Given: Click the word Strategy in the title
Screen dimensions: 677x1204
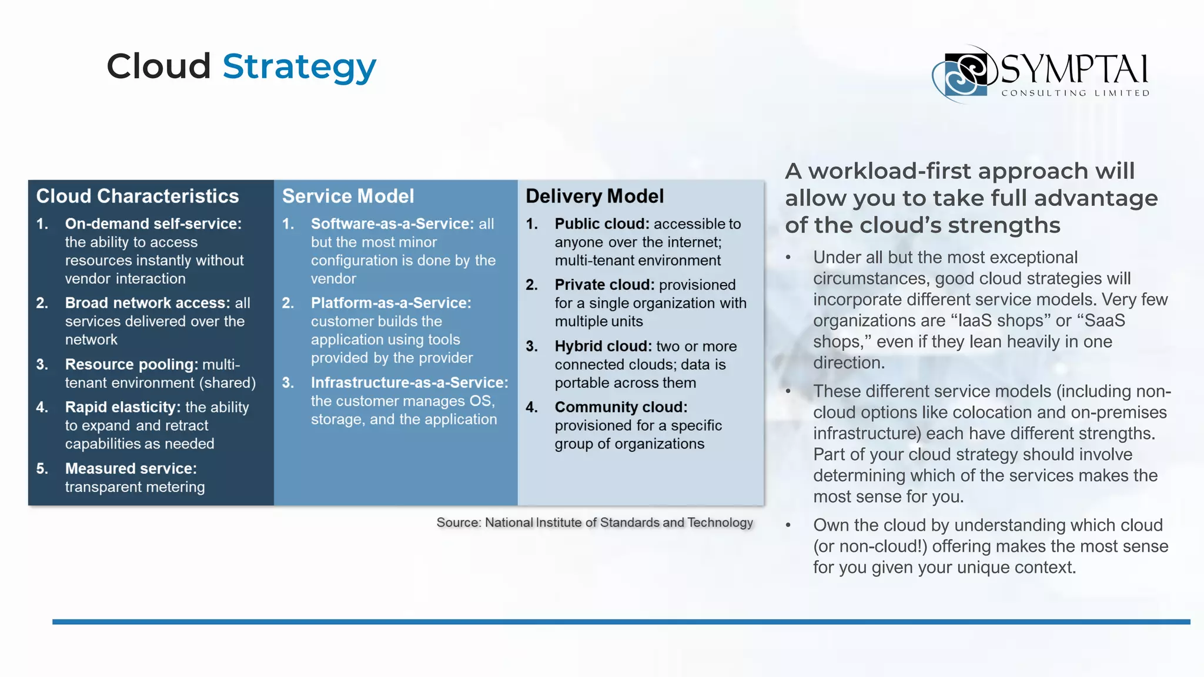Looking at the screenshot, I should point(299,66).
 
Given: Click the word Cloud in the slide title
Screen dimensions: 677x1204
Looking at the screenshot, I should point(158,66).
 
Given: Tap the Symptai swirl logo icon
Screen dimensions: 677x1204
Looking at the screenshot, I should point(965,74).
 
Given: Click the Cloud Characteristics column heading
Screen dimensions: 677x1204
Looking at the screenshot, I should point(138,196).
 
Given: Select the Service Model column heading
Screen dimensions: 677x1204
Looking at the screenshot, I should point(348,196).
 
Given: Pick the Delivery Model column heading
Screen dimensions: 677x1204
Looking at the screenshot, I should point(594,196).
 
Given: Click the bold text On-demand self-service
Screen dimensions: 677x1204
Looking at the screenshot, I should point(153,224).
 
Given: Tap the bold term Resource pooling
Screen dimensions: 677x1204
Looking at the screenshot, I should point(131,364).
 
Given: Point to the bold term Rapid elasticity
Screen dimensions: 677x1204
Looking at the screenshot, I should point(122,407).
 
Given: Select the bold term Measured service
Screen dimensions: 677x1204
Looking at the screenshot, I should point(131,468).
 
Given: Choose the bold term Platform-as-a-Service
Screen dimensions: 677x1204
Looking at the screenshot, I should point(391,303).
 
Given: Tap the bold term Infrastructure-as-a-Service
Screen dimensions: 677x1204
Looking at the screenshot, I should point(409,383).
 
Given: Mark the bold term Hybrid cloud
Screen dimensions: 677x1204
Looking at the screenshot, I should point(603,346).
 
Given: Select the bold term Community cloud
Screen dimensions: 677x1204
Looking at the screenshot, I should point(621,407).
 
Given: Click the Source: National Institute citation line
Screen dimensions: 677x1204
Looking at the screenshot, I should point(594,522).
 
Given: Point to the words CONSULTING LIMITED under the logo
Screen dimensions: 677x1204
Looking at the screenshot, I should point(1075,93).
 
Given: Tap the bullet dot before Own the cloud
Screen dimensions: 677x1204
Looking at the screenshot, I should point(788,525).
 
